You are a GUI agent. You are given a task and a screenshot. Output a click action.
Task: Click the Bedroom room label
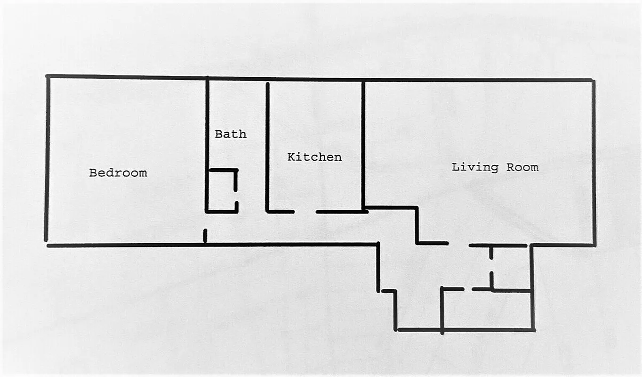118,173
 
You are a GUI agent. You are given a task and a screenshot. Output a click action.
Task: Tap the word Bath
231,134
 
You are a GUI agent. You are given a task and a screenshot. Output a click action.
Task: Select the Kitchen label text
314,157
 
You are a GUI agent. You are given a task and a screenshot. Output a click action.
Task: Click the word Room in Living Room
522,167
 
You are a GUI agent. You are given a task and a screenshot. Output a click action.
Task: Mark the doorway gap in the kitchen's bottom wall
305,212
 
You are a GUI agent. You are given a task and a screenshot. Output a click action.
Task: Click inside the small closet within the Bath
222,191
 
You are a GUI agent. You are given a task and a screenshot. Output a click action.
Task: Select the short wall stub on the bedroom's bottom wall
205,236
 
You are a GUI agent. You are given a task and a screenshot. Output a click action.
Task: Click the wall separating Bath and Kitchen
267,146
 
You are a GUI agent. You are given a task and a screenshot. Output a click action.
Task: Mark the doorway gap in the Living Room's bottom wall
458,244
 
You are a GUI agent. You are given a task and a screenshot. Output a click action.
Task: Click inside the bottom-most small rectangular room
487,310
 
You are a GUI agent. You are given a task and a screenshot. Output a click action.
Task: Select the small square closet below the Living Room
511,267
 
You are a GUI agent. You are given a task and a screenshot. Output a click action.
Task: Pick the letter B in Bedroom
93,173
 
